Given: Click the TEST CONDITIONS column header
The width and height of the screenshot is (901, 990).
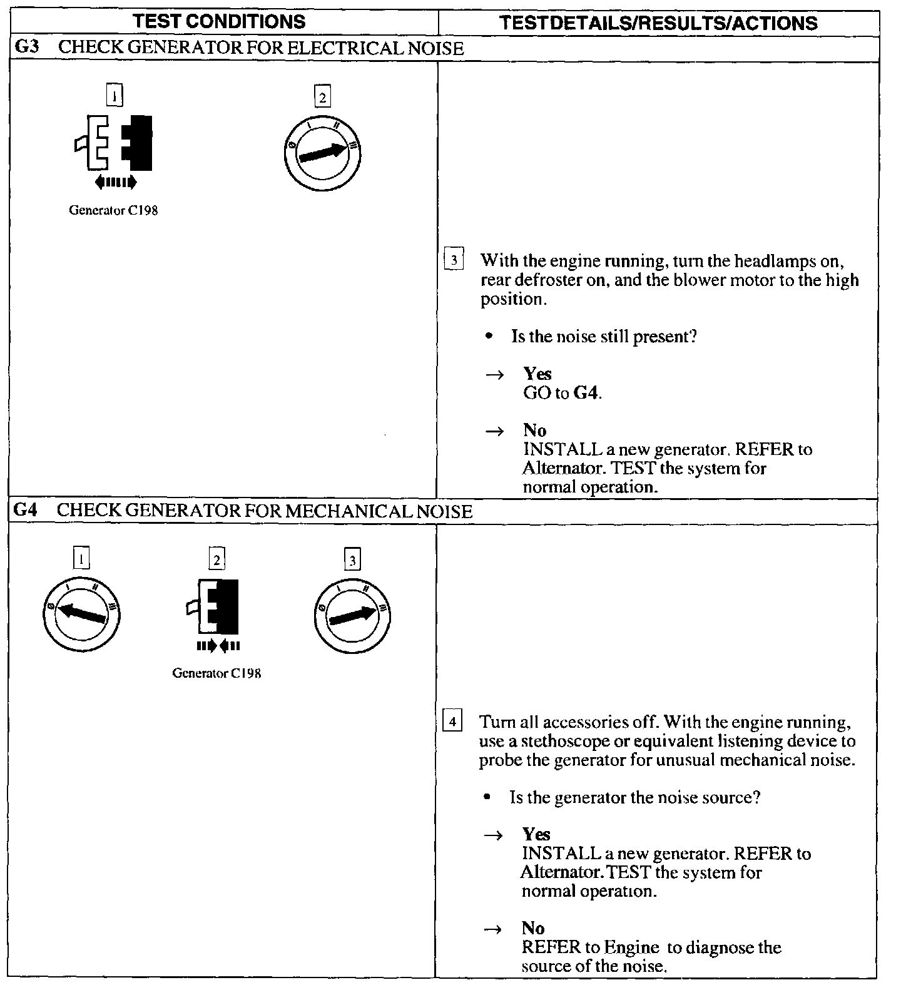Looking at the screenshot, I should coord(220,22).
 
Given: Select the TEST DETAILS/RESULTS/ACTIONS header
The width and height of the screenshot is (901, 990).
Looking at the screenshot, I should coord(659,23).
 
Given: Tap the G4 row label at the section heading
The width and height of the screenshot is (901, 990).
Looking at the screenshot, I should coord(25,511).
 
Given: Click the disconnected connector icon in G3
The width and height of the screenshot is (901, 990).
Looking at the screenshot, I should coord(114,143).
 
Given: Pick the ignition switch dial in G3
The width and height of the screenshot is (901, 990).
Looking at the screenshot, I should coord(322,153).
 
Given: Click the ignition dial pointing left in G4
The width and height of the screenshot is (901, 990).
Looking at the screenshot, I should coord(81,613).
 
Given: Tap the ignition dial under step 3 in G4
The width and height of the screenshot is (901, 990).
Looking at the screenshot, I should coord(352,615).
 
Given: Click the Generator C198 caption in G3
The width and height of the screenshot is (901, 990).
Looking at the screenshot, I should coord(113,211).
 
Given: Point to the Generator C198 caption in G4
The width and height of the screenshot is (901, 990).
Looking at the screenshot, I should coord(216,674).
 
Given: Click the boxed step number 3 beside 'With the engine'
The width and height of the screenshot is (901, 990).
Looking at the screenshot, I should coord(454,259).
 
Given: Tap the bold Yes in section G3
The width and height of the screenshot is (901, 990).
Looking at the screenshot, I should coord(537,374).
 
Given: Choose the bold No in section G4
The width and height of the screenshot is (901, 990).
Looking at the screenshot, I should coord(533,928).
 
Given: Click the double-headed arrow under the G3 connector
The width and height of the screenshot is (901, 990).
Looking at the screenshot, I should coord(115,182).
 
